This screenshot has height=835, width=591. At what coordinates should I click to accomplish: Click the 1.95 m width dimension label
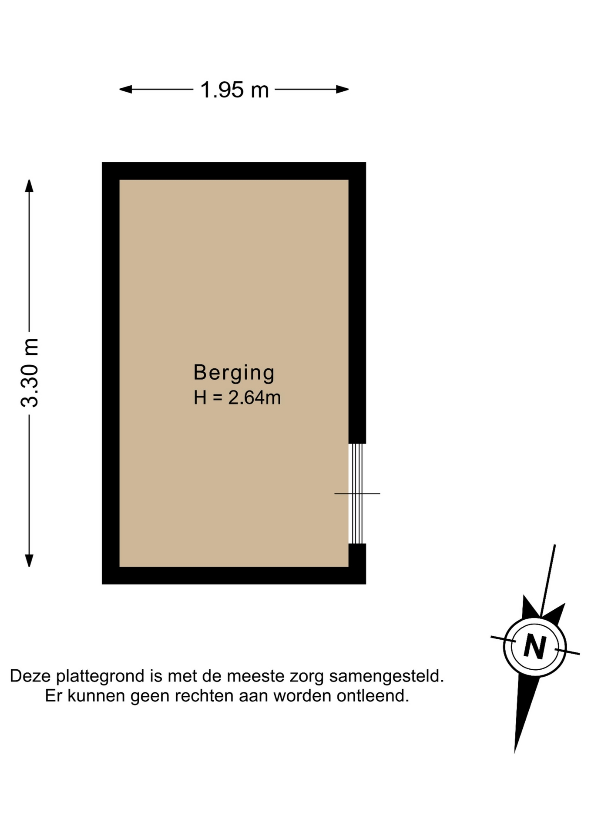point(234,90)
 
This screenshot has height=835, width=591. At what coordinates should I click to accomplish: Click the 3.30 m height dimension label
point(30,373)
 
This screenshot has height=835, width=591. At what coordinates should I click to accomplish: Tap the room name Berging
point(234,373)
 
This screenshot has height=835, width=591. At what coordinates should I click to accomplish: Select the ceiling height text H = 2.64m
point(237,398)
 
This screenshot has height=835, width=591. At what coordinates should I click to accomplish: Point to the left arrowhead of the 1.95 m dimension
point(126,90)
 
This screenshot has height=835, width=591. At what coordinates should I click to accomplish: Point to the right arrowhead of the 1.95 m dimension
point(343,90)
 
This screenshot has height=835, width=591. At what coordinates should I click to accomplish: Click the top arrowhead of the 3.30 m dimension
point(29,186)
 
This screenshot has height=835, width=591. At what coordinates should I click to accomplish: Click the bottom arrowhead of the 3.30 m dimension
point(29,561)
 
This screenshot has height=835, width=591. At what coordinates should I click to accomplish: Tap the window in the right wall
point(357,494)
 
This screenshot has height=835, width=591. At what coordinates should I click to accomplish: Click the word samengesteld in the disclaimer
point(386,677)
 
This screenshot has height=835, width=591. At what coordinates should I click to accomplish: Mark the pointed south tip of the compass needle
point(515,752)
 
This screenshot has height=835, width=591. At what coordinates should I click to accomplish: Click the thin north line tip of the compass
point(554,545)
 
